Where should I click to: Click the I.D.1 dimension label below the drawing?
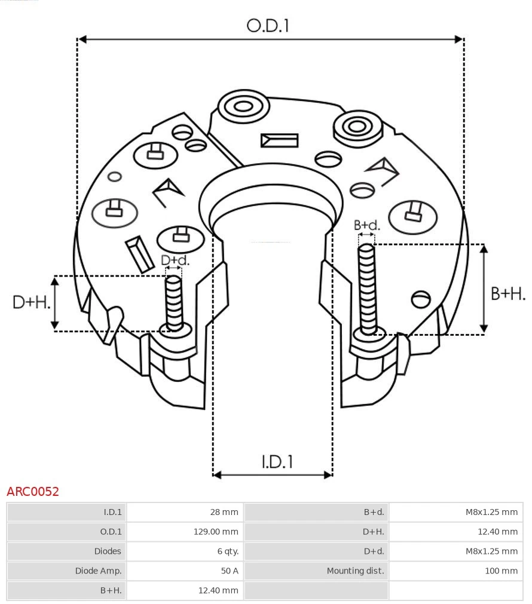click(277, 461)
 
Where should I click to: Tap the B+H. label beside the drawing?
click(507, 293)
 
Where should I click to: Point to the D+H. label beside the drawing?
click(31, 302)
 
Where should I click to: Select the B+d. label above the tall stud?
click(366, 225)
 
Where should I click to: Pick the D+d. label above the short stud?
click(175, 260)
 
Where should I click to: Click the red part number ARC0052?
click(33, 492)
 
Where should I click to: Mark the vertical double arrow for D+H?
click(55, 303)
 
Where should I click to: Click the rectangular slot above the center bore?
click(279, 140)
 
